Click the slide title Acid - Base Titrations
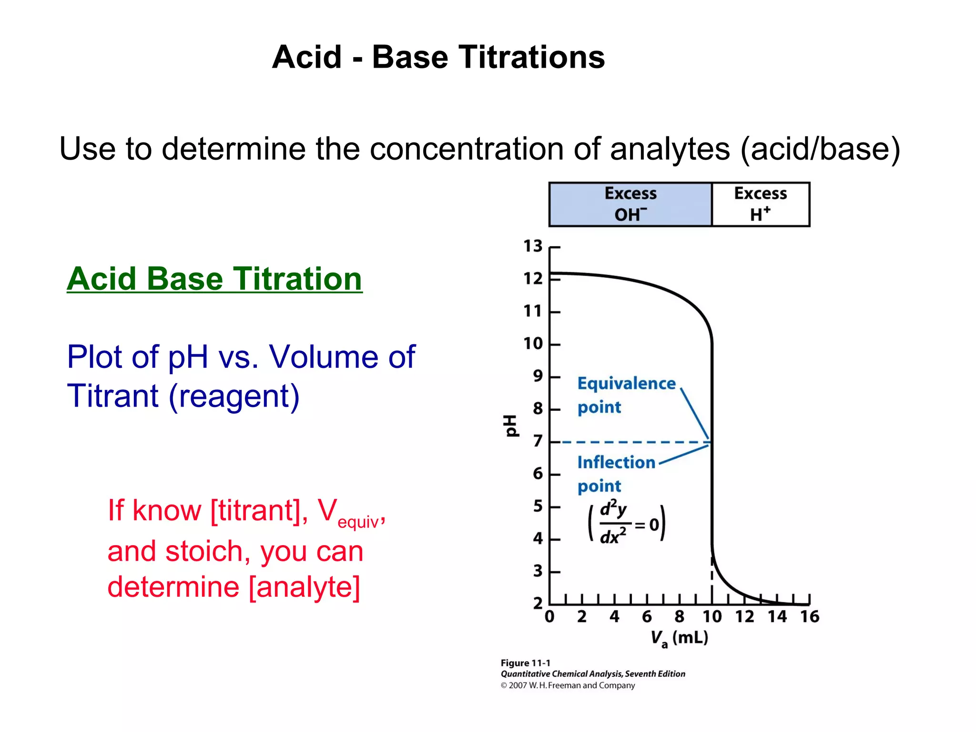438,57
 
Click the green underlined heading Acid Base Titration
214,279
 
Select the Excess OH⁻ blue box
630,204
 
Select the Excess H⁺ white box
761,204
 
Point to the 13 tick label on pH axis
533,246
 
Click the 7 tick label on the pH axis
538,441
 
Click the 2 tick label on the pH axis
538,603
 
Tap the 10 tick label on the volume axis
712,617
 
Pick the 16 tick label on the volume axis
809,617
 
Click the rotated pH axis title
511,425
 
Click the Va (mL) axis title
680,639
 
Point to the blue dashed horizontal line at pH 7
634,443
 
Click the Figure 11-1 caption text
525,663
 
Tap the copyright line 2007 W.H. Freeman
568,686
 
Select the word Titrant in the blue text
112,396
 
